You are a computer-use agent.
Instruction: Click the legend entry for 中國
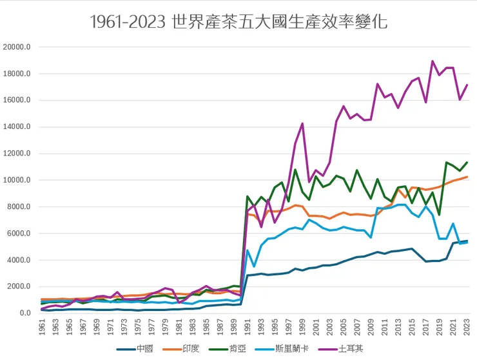pos(143,348)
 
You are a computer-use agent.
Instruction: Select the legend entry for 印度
pos(191,348)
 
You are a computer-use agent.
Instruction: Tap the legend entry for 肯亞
pos(238,348)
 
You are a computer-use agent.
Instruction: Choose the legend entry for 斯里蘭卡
pos(291,348)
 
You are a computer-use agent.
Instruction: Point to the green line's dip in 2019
pos(439,215)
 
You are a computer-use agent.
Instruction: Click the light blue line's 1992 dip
pos(255,266)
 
